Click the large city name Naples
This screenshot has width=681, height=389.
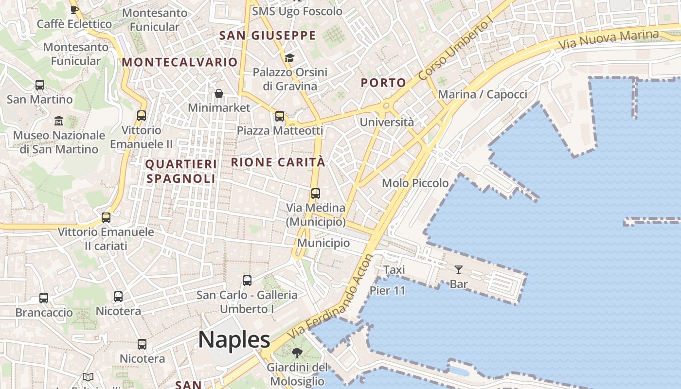click(234, 340)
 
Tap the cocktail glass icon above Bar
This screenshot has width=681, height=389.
click(458, 269)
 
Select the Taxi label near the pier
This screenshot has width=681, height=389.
click(394, 270)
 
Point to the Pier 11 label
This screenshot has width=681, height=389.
click(387, 291)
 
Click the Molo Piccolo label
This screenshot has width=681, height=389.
click(415, 183)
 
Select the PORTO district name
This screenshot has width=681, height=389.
click(383, 83)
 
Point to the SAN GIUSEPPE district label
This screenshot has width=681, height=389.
click(268, 35)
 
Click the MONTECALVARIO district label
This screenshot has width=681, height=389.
click(179, 62)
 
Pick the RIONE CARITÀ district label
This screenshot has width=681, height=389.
click(278, 162)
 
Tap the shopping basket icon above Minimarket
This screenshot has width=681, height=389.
click(219, 93)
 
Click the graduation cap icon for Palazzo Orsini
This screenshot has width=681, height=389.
click(289, 58)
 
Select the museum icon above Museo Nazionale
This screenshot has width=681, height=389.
click(59, 121)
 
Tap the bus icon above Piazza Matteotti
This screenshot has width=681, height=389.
click(280, 116)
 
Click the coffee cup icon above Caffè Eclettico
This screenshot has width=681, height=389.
click(74, 10)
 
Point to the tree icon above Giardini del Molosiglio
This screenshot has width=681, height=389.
click(297, 353)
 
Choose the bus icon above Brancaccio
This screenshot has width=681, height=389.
click(44, 298)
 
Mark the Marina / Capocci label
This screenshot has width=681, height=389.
click(483, 94)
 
